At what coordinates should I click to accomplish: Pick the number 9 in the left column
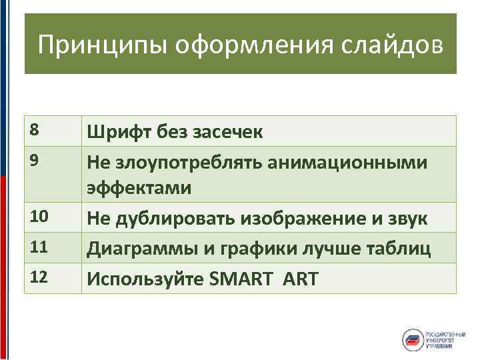click(x=33, y=160)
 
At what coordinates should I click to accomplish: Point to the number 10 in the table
click(x=38, y=216)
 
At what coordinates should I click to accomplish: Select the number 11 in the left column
click(x=38, y=247)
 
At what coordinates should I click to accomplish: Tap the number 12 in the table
click(x=38, y=277)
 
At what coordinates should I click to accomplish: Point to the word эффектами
click(x=138, y=189)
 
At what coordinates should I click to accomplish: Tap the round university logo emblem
click(x=412, y=338)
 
